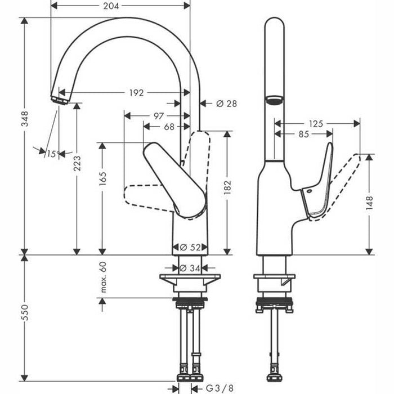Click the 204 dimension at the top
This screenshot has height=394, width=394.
click(x=111, y=6)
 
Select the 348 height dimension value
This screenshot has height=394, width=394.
click(x=25, y=119)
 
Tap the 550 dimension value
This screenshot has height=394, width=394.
click(x=25, y=312)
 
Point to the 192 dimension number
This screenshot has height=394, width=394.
click(x=136, y=93)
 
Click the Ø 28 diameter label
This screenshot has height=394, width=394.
click(x=226, y=104)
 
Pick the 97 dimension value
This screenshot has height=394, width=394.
click(x=159, y=116)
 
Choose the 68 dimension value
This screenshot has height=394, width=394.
click(x=169, y=127)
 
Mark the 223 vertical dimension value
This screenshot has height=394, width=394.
click(x=77, y=163)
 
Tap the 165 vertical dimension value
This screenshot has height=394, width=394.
click(x=103, y=178)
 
